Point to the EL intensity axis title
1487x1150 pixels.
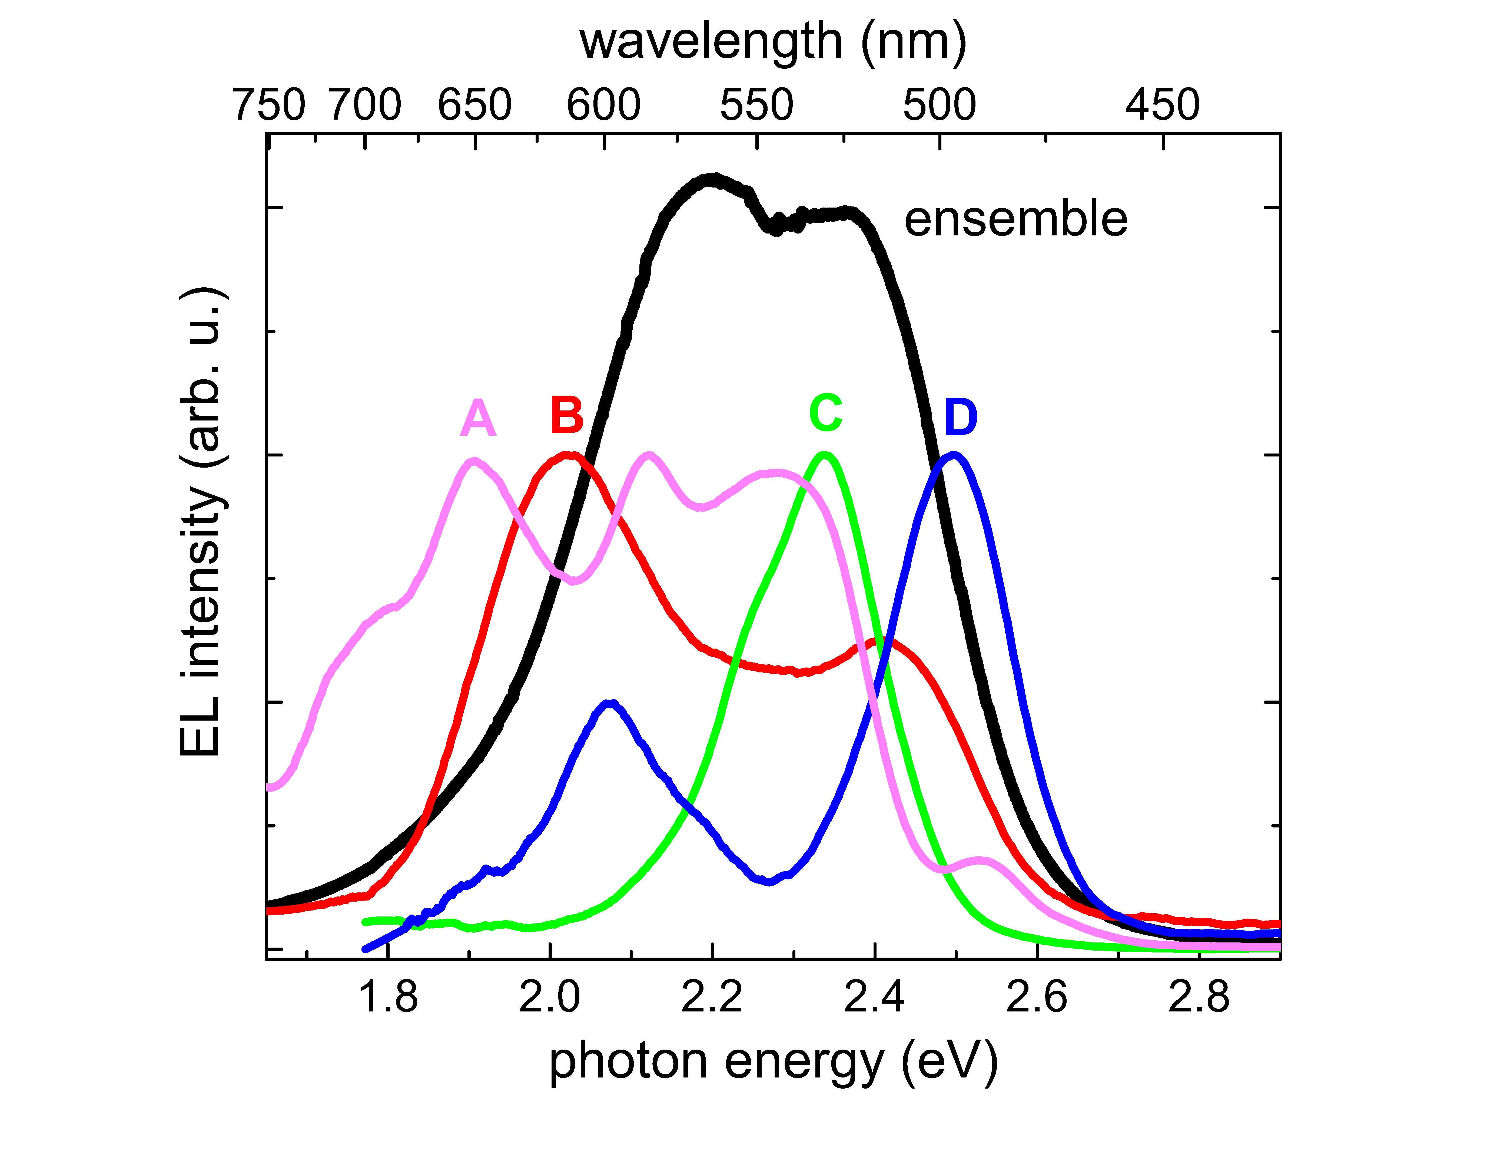click(201, 521)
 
